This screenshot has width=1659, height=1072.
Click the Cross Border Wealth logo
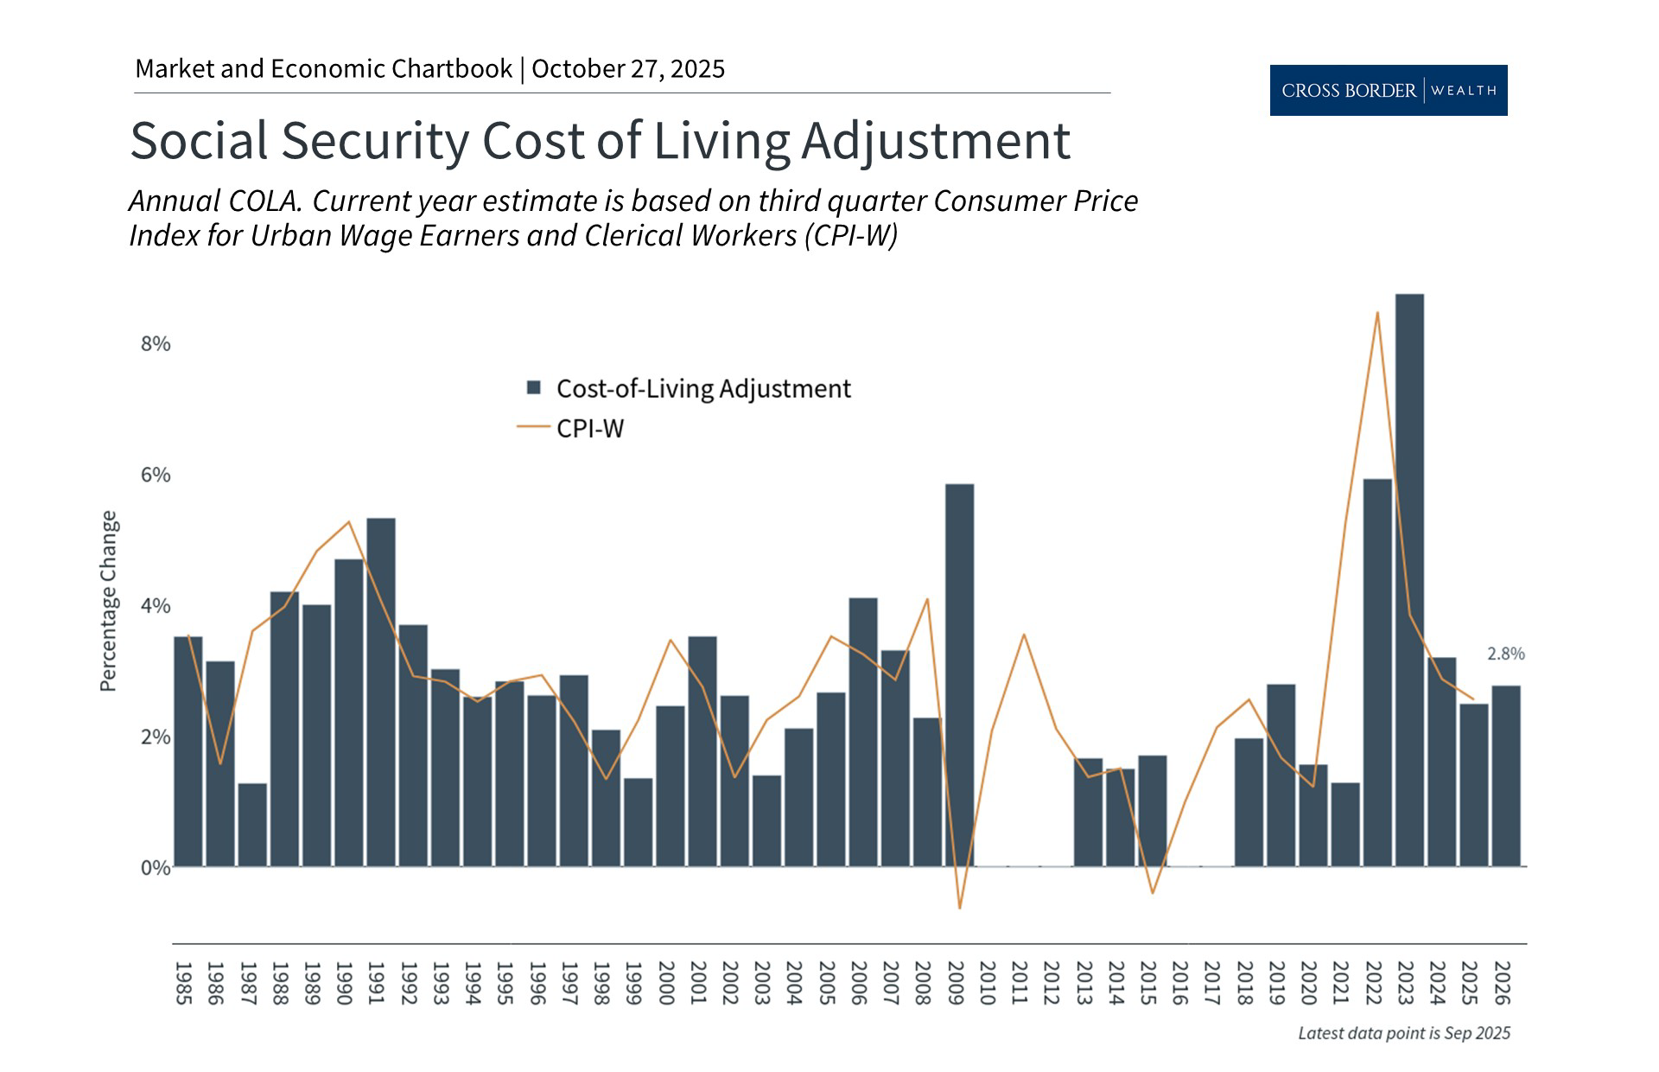[1388, 90]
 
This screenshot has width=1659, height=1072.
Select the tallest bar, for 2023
[1409, 579]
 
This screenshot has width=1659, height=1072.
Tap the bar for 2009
[959, 674]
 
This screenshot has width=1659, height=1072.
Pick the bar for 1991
[381, 692]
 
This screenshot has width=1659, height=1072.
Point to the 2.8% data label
[1505, 654]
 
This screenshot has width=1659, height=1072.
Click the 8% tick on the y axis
[156, 344]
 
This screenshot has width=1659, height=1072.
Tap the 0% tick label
[156, 867]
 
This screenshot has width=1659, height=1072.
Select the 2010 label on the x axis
[987, 983]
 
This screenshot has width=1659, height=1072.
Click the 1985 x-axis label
[183, 983]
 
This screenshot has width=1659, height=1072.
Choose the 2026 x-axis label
[1502, 983]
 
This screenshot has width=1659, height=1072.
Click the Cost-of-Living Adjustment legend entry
[702, 389]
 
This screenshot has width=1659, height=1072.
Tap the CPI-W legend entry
[589, 429]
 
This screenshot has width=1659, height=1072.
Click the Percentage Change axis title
[108, 601]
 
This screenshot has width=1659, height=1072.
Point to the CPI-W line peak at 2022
[1377, 312]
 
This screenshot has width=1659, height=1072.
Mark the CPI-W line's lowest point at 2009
[959, 908]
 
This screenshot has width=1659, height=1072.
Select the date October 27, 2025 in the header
[628, 69]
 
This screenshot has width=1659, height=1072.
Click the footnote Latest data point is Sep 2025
[1404, 1033]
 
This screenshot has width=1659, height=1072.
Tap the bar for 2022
[1377, 673]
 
